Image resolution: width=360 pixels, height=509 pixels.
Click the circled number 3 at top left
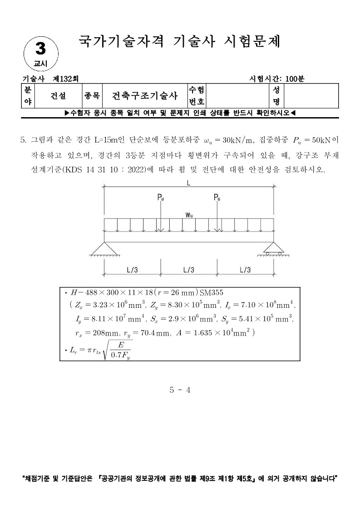(41, 49)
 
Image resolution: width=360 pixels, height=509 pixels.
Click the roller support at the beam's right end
(273, 248)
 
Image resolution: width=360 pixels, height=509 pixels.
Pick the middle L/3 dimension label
(189, 270)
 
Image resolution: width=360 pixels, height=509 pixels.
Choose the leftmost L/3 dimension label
(133, 270)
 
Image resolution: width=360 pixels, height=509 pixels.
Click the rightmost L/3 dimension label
(245, 270)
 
